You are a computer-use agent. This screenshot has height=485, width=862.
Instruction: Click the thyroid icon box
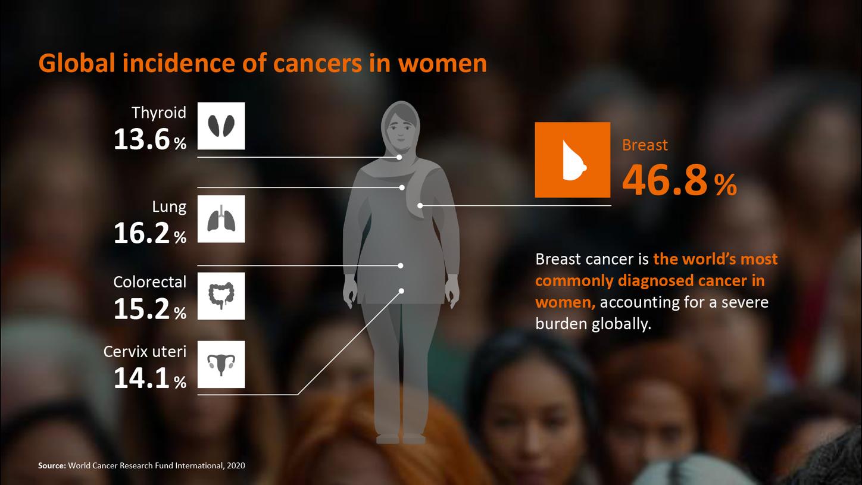pyautogui.click(x=221, y=126)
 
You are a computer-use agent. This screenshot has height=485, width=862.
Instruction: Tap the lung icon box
pyautogui.click(x=221, y=218)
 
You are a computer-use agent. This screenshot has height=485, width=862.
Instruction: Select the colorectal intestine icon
pyautogui.click(x=221, y=296)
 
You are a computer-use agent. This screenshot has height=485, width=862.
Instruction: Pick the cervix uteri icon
pyautogui.click(x=221, y=364)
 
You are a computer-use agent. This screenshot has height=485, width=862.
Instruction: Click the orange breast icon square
pyautogui.click(x=572, y=159)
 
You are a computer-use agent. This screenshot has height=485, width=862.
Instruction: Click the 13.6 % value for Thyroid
pyautogui.click(x=149, y=140)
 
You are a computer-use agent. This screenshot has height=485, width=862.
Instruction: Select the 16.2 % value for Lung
pyautogui.click(x=149, y=234)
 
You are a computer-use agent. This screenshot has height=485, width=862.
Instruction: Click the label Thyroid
pyautogui.click(x=159, y=112)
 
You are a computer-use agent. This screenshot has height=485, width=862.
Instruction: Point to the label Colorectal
pyautogui.click(x=149, y=281)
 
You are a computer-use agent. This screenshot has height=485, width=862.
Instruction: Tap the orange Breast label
pyautogui.click(x=645, y=145)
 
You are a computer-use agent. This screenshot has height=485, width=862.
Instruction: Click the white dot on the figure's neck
pyautogui.click(x=399, y=157)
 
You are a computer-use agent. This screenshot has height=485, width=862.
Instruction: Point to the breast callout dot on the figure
pyautogui.click(x=420, y=205)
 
